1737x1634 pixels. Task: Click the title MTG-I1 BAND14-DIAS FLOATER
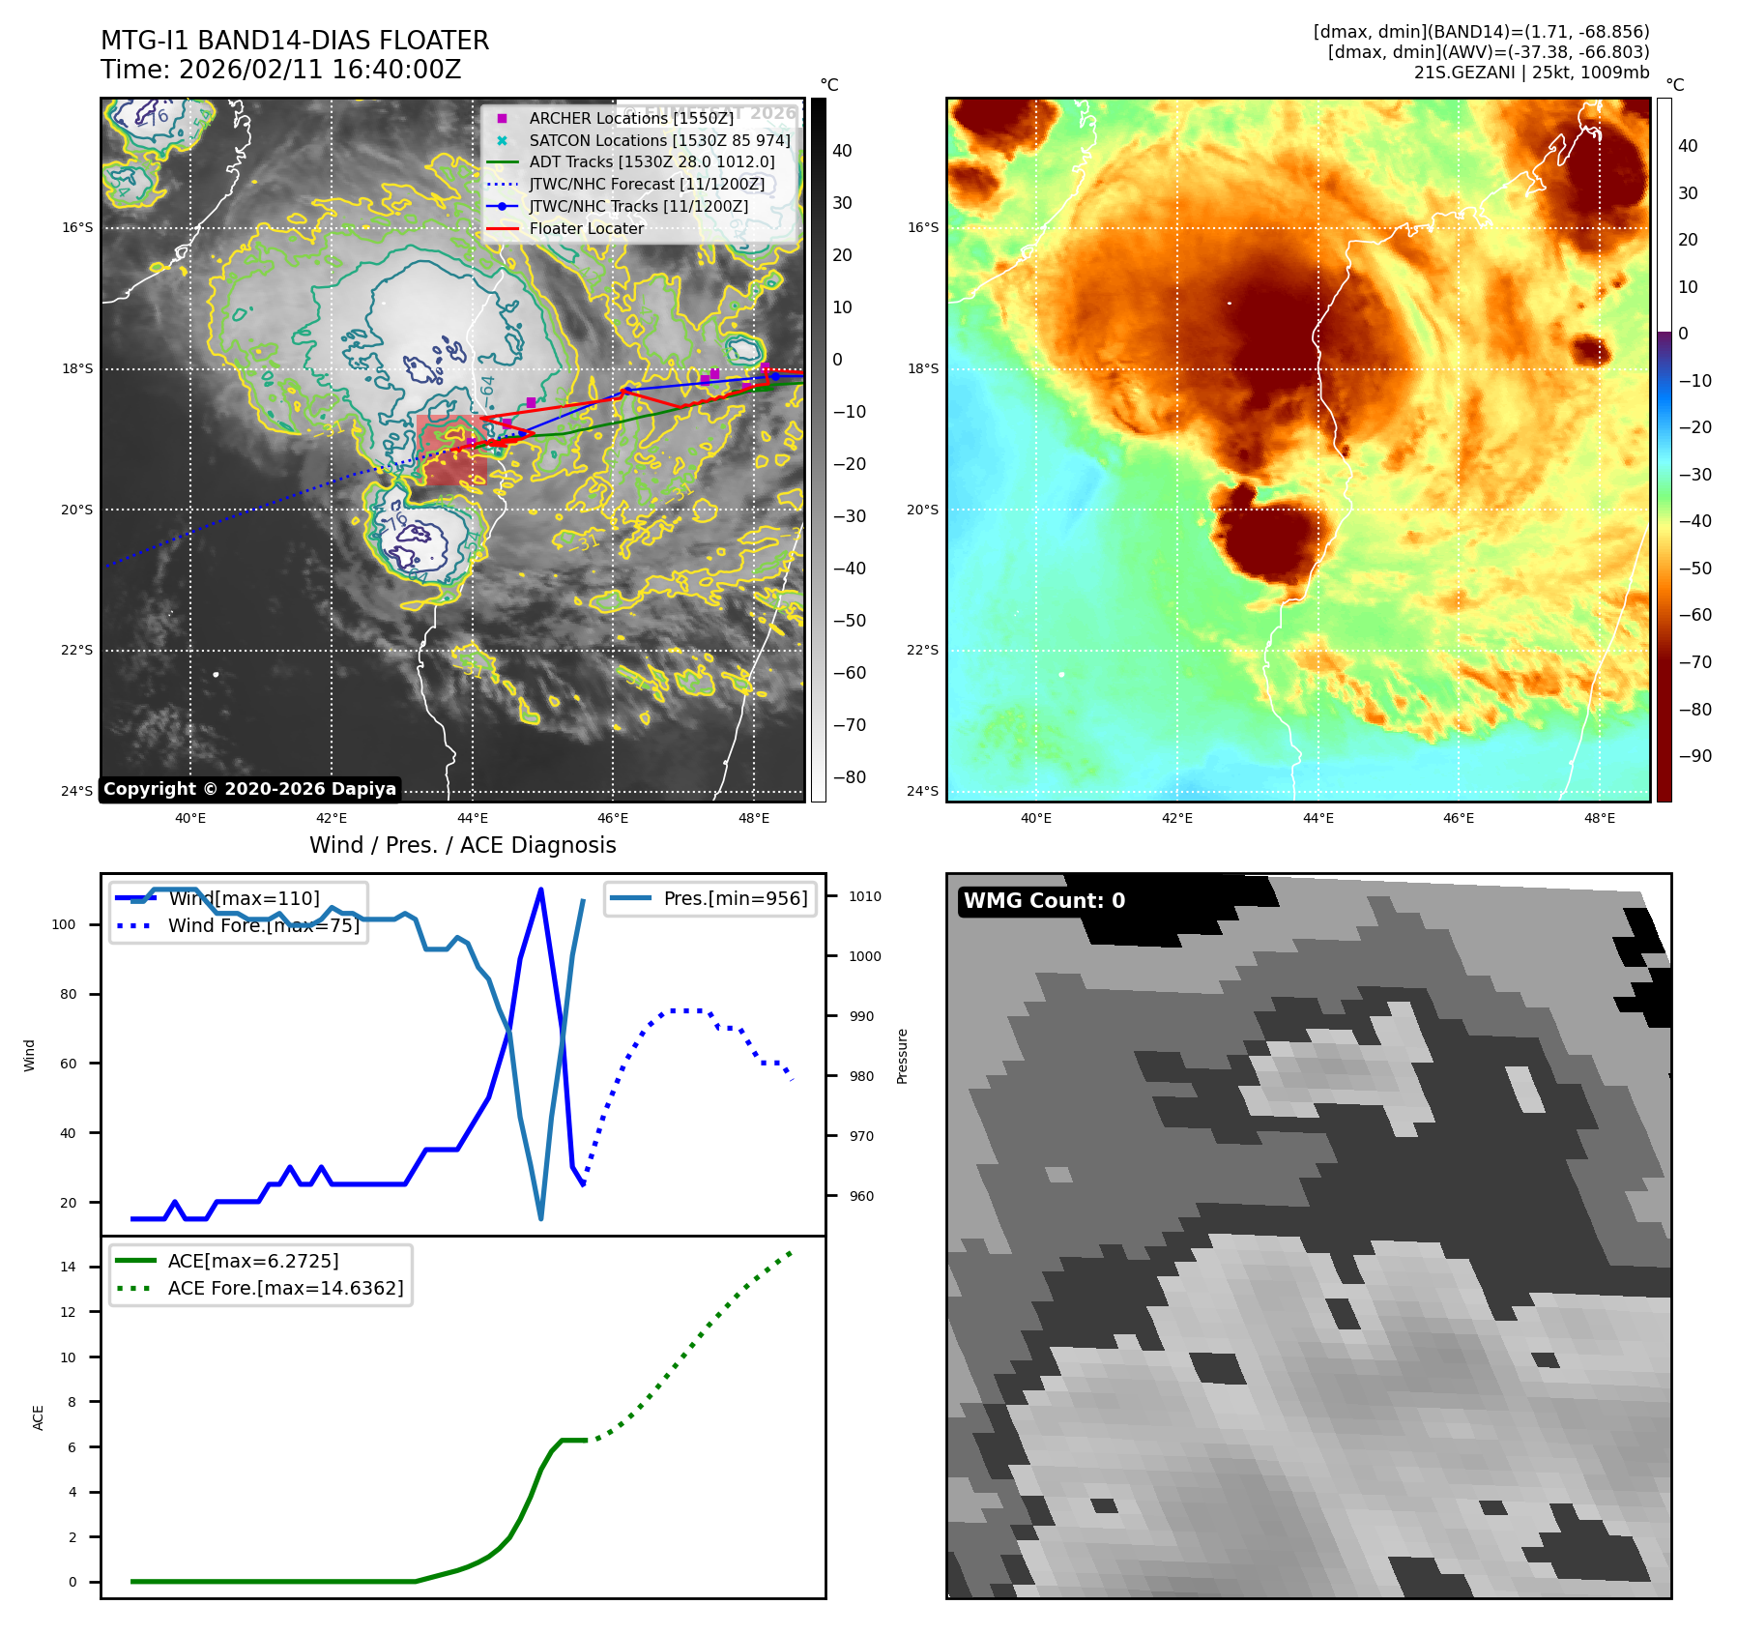[x=295, y=41]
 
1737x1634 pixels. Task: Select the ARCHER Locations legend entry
[x=630, y=118]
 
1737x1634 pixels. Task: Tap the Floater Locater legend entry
[x=586, y=229]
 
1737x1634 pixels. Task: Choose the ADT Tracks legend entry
[x=651, y=162]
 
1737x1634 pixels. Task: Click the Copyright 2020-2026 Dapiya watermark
[x=249, y=789]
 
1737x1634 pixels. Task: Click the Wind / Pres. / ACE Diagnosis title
[x=462, y=845]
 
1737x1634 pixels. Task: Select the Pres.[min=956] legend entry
[x=735, y=898]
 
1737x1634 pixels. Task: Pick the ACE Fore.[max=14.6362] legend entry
[x=285, y=1288]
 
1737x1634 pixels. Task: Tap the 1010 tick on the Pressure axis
[x=865, y=896]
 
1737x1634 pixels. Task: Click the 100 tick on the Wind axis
[x=64, y=925]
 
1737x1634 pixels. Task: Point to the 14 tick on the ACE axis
[x=68, y=1268]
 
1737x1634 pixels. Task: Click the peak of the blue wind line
[x=540, y=889]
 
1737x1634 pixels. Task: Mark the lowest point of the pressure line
[x=540, y=1218]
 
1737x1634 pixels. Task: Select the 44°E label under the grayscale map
[x=472, y=819]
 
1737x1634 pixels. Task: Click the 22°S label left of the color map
[x=922, y=650]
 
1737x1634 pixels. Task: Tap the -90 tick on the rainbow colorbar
[x=1694, y=756]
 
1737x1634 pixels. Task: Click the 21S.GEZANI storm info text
[x=1531, y=73]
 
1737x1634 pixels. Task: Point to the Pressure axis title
[x=902, y=1056]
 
